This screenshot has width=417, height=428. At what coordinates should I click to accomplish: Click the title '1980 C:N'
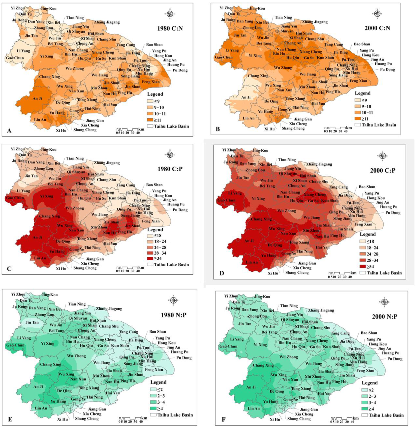click(170, 28)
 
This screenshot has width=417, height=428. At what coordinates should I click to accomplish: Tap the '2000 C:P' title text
click(383, 170)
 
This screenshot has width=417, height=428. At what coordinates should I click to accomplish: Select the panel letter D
click(222, 273)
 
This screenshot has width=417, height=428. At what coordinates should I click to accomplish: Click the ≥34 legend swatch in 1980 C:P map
click(150, 258)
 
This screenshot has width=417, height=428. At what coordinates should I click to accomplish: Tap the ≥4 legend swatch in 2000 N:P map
click(365, 409)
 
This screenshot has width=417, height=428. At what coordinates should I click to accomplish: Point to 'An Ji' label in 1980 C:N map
click(37, 98)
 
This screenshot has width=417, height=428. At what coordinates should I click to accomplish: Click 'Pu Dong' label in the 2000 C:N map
click(387, 69)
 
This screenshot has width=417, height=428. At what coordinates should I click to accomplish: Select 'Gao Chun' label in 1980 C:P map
click(15, 198)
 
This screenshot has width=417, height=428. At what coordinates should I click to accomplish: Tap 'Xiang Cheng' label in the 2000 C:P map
click(315, 194)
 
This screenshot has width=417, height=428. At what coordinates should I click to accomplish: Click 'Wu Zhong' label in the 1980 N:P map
click(76, 356)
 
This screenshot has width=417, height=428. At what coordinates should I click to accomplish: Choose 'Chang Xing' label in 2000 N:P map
click(263, 365)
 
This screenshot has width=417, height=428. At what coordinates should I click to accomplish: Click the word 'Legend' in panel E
click(158, 382)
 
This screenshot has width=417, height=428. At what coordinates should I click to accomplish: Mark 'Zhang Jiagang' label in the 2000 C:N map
click(315, 22)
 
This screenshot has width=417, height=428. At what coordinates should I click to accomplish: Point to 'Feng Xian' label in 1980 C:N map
click(151, 82)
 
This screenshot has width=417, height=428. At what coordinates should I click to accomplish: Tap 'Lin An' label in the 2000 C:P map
click(252, 262)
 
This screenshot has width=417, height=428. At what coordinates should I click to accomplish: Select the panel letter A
click(9, 130)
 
